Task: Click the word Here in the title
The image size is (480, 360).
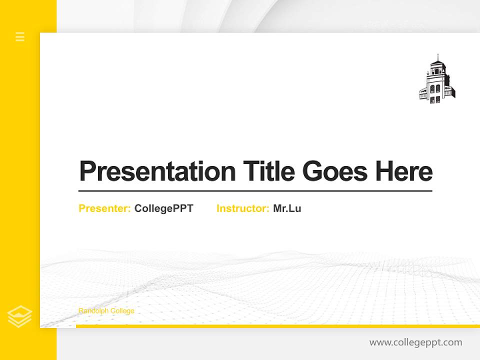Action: pyautogui.click(x=404, y=171)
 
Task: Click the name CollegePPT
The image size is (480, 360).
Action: pyautogui.click(x=163, y=208)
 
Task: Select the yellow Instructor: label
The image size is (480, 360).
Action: pyautogui.click(x=243, y=208)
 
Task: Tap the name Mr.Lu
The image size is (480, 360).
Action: pyautogui.click(x=287, y=208)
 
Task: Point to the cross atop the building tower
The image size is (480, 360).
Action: pyautogui.click(x=438, y=56)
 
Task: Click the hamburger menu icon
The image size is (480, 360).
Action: pyautogui.click(x=20, y=36)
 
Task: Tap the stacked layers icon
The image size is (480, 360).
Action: pyautogui.click(x=20, y=316)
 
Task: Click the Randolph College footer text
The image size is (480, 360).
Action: pyautogui.click(x=106, y=311)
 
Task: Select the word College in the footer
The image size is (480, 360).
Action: pyautogui.click(x=122, y=311)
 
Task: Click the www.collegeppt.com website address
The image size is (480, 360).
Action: pyautogui.click(x=415, y=342)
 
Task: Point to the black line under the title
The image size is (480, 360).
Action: pyautogui.click(x=255, y=191)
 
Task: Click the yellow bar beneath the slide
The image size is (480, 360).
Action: pyautogui.click(x=277, y=326)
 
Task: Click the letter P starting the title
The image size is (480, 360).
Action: pyautogui.click(x=87, y=171)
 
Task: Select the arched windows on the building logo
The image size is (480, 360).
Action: pyautogui.click(x=435, y=88)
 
